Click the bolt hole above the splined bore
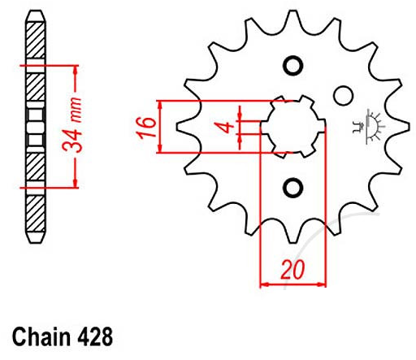pyautogui.click(x=292, y=65)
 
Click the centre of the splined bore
pyautogui.click(x=292, y=126)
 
